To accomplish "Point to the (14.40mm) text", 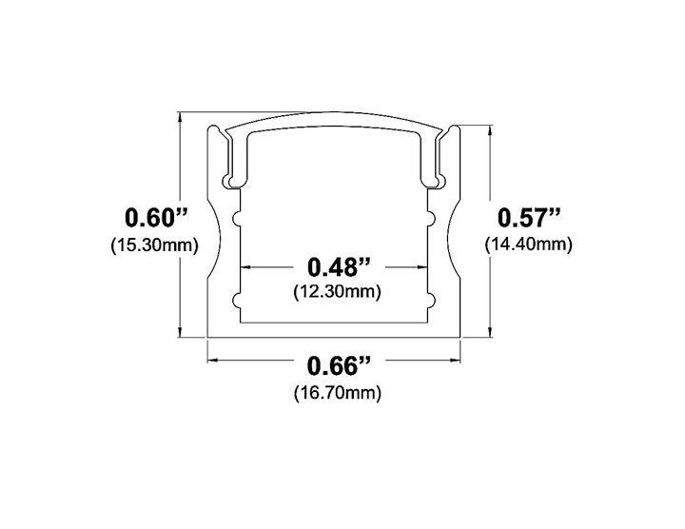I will tap(528, 244).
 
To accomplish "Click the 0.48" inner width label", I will tap(337, 266).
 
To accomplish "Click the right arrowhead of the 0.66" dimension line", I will tap(458, 361).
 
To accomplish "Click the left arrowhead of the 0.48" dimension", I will tap(243, 267).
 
